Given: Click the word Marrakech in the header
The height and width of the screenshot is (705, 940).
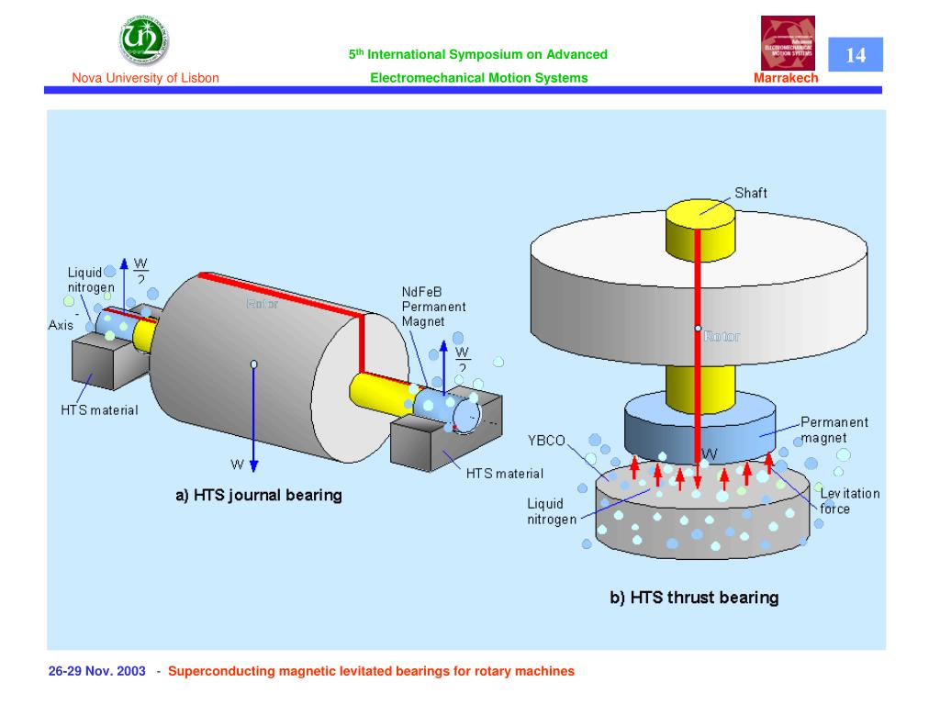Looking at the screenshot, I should pyautogui.click(x=783, y=78).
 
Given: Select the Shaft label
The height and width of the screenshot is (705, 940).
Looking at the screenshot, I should pyautogui.click(x=750, y=193).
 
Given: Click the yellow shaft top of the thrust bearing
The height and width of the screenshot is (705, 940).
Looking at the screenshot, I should pyautogui.click(x=698, y=211).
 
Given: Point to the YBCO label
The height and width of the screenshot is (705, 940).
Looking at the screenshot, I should pyautogui.click(x=547, y=439).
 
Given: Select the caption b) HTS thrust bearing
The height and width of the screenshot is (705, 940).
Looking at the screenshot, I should pyautogui.click(x=695, y=598).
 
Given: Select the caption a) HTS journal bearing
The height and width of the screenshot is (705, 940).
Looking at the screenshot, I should pyautogui.click(x=259, y=496).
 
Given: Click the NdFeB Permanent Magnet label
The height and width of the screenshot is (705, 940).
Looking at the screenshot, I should pyautogui.click(x=433, y=305).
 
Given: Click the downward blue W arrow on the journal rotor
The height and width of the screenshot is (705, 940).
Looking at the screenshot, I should pyautogui.click(x=254, y=422).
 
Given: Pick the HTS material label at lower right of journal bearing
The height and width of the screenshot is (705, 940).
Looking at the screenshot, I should pyautogui.click(x=504, y=474).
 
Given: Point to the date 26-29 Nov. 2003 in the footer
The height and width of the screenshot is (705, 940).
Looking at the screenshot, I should pyautogui.click(x=96, y=671).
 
